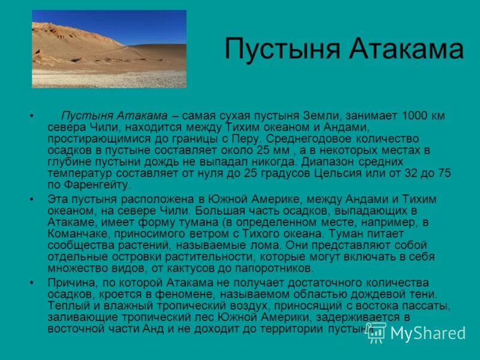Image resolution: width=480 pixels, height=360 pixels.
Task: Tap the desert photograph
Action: click(x=109, y=49)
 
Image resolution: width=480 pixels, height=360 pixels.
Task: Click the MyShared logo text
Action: click(x=428, y=334)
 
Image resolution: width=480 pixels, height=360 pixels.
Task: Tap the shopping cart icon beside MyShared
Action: click(x=377, y=334)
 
